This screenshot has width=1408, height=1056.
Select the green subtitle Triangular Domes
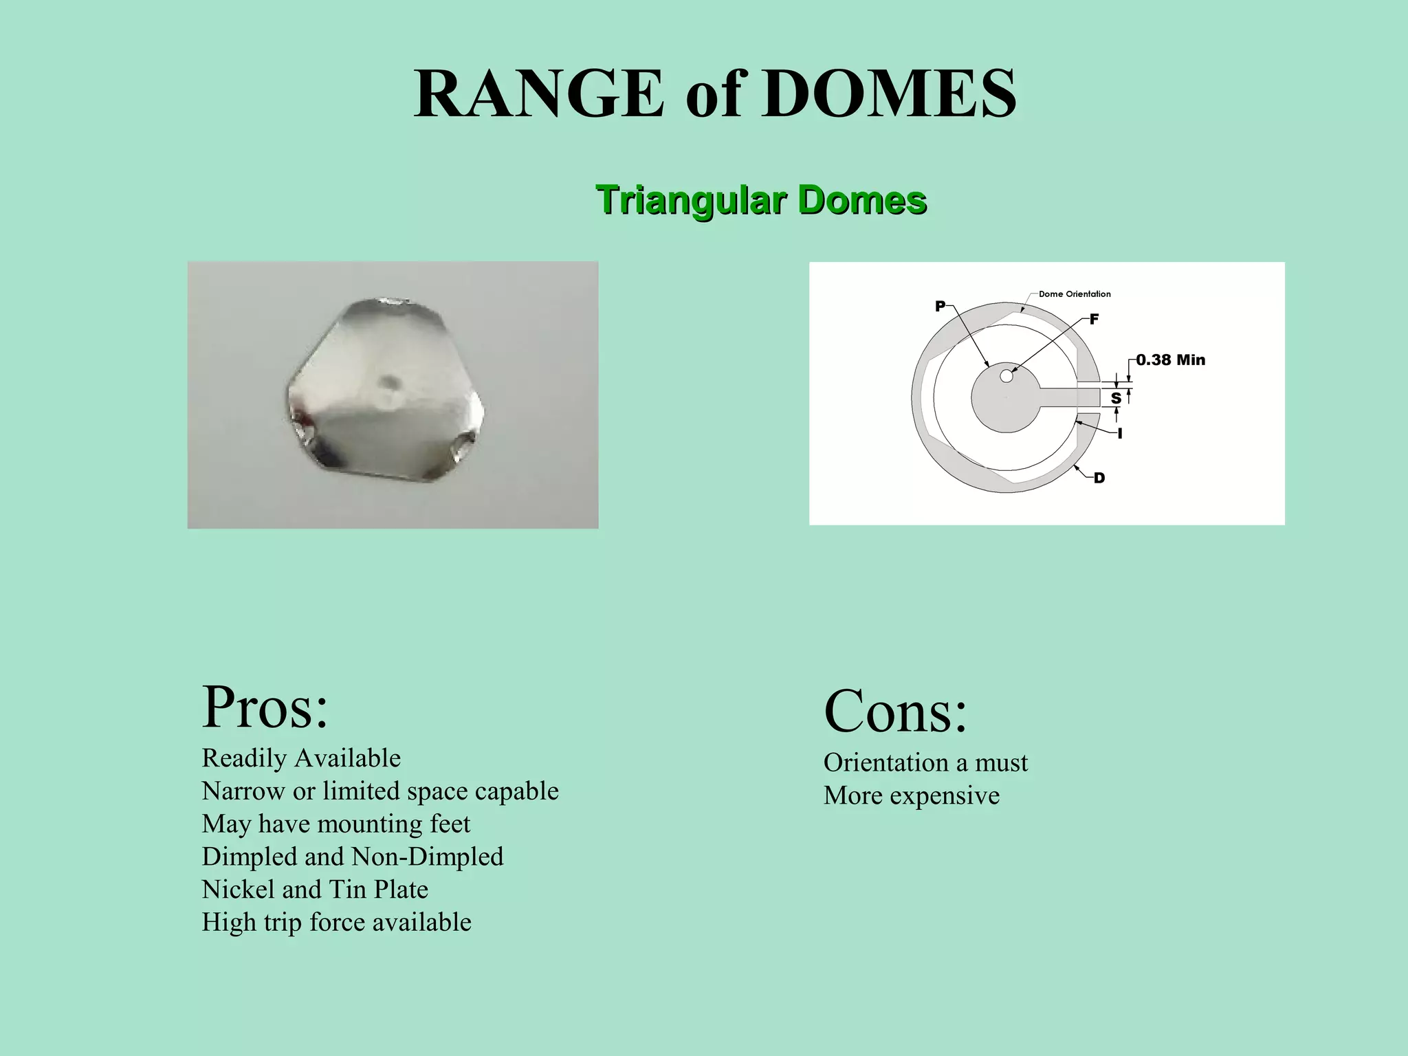tap(761, 200)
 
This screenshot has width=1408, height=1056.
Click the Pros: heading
tap(265, 707)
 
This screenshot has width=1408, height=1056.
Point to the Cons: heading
tap(895, 712)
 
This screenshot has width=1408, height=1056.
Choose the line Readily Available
tap(301, 758)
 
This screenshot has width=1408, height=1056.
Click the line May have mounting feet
tap(335, 824)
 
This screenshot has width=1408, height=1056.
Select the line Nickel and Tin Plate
tap(315, 890)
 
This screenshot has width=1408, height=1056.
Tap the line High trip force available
tap(336, 923)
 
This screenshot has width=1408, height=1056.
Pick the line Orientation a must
tap(925, 762)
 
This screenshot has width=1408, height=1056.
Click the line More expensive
tap(911, 795)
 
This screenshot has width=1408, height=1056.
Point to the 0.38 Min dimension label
tap(1170, 360)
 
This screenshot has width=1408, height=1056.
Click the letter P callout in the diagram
tap(940, 307)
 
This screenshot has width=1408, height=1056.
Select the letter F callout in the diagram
tap(1094, 320)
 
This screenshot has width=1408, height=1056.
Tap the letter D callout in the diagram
tap(1099, 478)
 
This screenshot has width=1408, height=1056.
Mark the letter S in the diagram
tap(1116, 398)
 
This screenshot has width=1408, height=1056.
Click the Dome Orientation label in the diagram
tap(1074, 294)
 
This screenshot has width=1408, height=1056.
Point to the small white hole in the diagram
tap(1006, 376)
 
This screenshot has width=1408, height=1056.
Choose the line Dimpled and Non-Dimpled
tap(352, 857)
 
